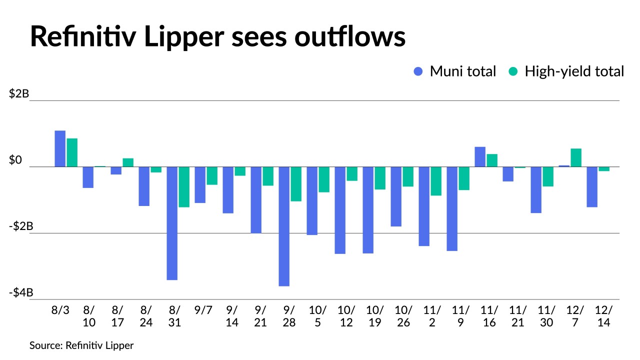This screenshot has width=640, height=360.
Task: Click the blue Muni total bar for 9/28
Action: tap(284, 226)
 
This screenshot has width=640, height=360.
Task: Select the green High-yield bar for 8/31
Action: tap(184, 186)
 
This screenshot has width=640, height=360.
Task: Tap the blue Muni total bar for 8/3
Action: tap(60, 148)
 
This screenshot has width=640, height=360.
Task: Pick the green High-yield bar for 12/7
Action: tap(576, 157)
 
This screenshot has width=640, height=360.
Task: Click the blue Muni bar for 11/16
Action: tap(480, 156)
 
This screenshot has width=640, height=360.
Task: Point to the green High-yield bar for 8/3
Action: tap(72, 152)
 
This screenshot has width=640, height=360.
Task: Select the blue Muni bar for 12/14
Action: tap(592, 186)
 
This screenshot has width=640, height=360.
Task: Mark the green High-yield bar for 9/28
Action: tap(296, 184)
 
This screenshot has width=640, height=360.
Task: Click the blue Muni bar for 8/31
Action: tap(172, 223)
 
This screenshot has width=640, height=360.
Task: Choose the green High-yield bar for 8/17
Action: tap(128, 162)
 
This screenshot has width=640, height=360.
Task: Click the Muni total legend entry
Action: tap(454, 71)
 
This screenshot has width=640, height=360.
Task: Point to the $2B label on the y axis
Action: tap(19, 93)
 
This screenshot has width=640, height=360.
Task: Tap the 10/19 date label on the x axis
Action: tap(375, 316)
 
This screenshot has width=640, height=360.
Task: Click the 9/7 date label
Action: tap(203, 309)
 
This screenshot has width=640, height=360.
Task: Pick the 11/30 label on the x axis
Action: tap(547, 316)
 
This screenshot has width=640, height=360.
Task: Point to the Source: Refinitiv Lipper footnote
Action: tap(81, 345)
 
